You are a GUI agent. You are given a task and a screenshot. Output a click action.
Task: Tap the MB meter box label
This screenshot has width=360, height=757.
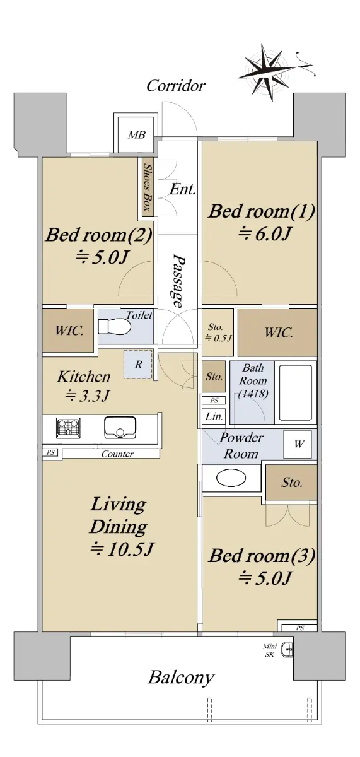click(x=137, y=135)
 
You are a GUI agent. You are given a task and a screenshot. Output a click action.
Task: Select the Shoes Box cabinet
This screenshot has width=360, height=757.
click(x=148, y=187)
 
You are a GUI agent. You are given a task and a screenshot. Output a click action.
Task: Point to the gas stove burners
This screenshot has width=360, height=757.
click(x=68, y=428)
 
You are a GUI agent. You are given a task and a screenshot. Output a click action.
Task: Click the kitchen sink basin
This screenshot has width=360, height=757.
click(x=120, y=427)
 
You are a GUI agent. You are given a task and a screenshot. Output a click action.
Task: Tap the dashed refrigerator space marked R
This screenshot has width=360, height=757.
click(x=138, y=365)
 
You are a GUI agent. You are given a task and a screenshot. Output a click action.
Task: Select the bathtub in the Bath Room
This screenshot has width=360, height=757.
click(x=296, y=392)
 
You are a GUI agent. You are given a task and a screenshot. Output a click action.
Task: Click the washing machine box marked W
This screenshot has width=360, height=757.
click(x=298, y=444)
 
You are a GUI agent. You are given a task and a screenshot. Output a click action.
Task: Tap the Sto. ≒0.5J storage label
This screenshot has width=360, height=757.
click(x=218, y=332)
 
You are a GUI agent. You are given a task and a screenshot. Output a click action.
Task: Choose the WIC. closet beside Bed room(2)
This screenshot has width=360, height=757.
click(x=68, y=331)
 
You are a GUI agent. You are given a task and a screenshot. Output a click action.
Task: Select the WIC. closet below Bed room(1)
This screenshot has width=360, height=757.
click(x=277, y=333)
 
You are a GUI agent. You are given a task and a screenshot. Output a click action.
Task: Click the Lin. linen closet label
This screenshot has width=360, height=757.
click(x=214, y=416)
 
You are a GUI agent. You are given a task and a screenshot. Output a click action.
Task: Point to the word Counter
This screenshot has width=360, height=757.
click(x=117, y=454)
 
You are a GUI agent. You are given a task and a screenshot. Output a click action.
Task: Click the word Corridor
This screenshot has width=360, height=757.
click(x=176, y=86)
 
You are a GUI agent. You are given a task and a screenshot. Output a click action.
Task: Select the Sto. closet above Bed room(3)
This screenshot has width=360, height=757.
click(x=291, y=482)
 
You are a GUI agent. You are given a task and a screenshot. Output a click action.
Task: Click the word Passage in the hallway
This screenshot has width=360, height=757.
click(x=178, y=281)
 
